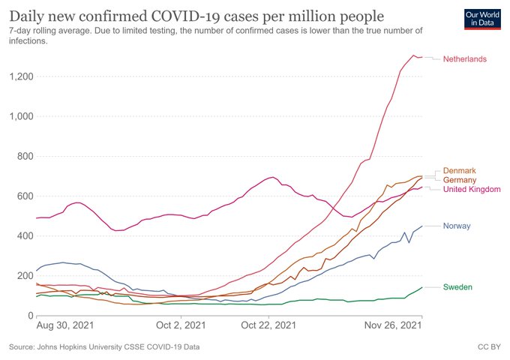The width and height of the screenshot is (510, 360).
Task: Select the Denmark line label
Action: click(460, 171)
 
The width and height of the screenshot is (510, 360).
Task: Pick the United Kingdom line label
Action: click(472, 190)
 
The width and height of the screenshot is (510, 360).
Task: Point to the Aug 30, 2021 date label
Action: click(65, 328)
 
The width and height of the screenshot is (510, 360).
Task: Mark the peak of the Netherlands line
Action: click(413, 55)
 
